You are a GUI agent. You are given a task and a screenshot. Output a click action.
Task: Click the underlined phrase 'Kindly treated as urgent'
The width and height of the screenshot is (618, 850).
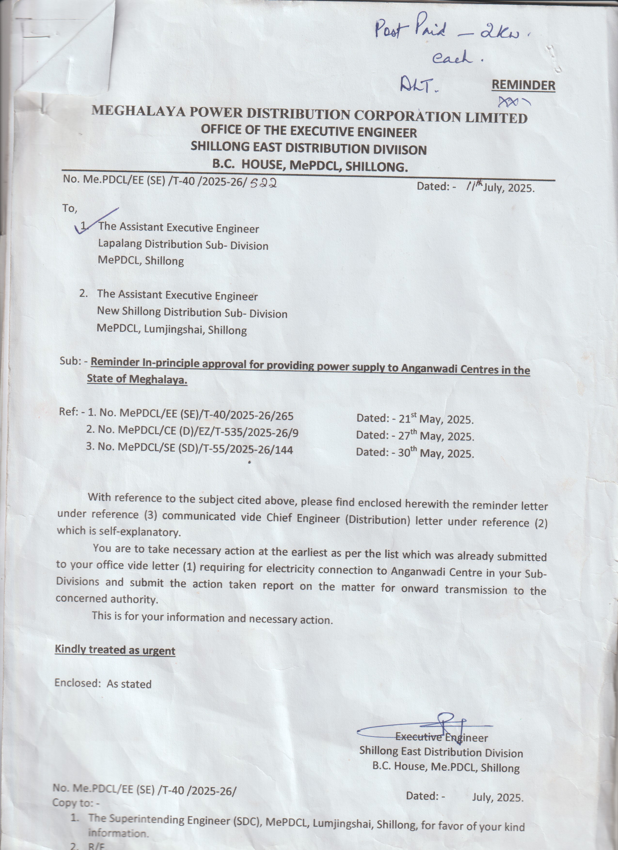[x=115, y=650]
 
